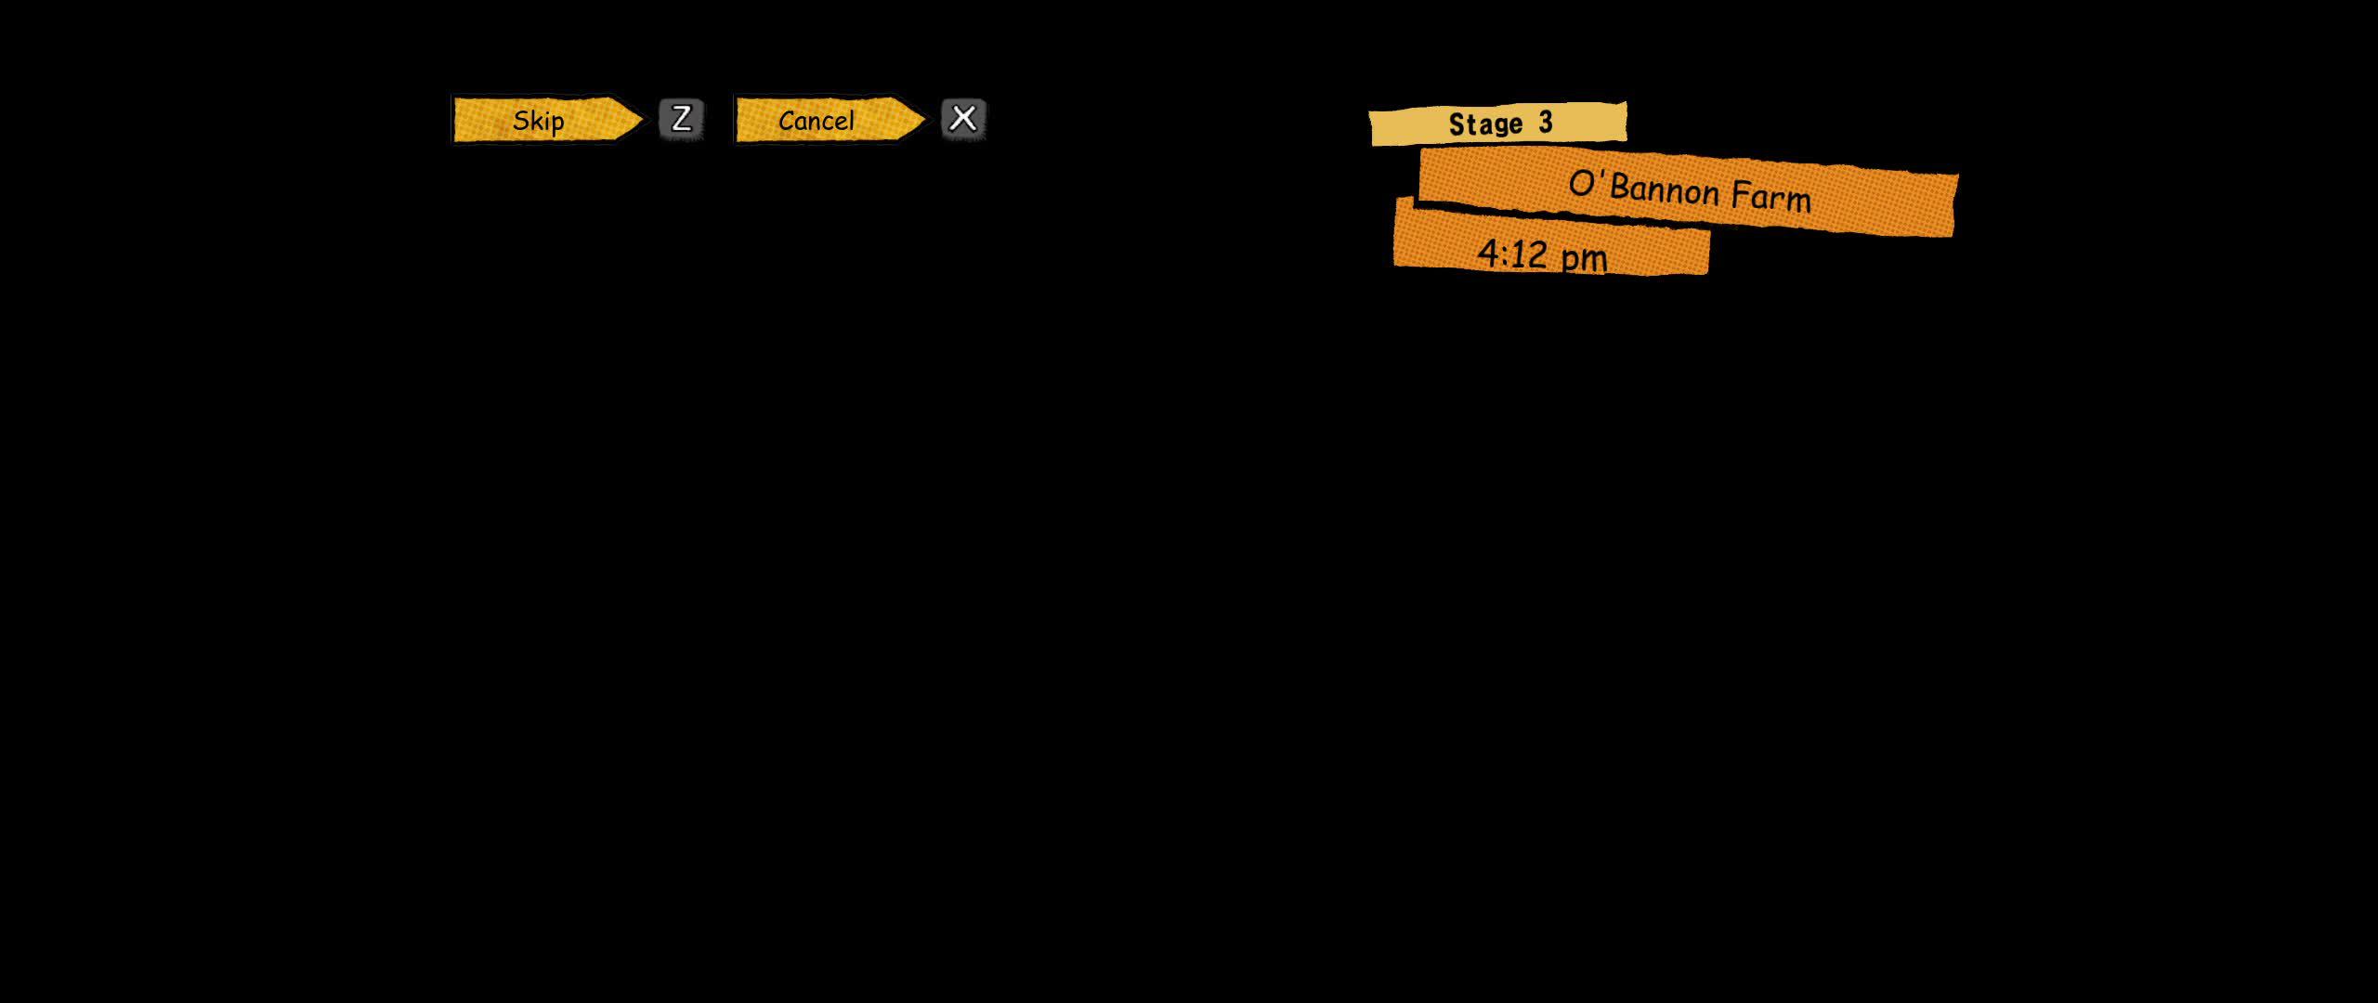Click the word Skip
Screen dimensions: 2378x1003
(539, 122)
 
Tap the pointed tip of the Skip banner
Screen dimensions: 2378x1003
(643, 120)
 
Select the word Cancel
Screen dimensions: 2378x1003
(817, 121)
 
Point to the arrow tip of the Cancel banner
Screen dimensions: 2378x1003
(926, 119)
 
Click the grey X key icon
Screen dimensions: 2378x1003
(963, 119)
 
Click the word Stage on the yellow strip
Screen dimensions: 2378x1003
(1485, 124)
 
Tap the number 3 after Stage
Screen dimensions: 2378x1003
(1546, 123)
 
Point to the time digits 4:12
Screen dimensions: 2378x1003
(1512, 254)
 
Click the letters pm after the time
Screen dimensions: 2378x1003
(1584, 258)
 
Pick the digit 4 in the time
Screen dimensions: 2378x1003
(1488, 253)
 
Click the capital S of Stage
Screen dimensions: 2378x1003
(1457, 124)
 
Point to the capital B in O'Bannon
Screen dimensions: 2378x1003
(1621, 186)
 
